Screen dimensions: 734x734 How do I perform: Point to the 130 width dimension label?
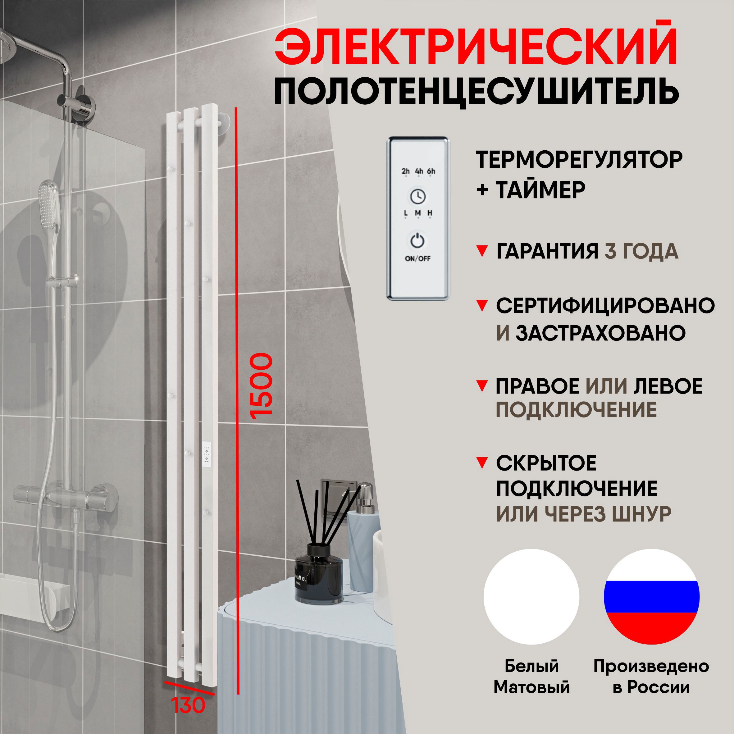(x=188, y=705)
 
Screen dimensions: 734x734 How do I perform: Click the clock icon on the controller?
(x=417, y=196)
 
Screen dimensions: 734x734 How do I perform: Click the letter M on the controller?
(x=418, y=213)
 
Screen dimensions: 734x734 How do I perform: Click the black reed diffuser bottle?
(x=319, y=574)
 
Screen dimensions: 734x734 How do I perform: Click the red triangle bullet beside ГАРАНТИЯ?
(x=482, y=251)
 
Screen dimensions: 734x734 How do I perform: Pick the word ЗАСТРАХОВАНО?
(x=600, y=333)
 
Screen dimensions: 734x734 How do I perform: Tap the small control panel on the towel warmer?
(x=207, y=453)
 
